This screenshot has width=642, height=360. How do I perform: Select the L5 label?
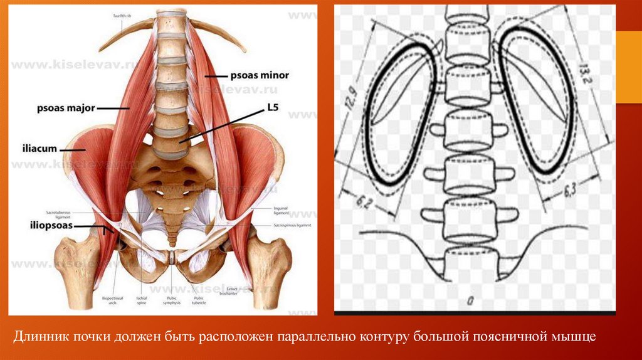pos(272,108)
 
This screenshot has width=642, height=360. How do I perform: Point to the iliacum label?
pos(42,149)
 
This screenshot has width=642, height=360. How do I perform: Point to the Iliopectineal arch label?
pos(110,300)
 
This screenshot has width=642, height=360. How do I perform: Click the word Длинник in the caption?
pos(42,337)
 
